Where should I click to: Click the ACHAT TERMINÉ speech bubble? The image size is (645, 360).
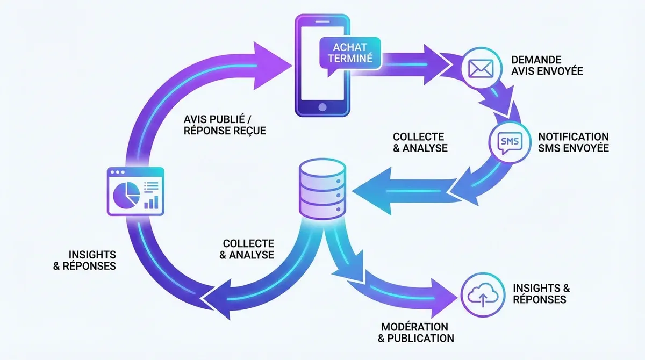point(350,53)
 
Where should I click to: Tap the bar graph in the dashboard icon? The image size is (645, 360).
point(151,202)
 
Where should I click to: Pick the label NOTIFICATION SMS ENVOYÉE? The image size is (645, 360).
point(573,142)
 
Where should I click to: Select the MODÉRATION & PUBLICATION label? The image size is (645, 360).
point(415,333)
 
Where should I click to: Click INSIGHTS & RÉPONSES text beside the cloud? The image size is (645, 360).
point(541,293)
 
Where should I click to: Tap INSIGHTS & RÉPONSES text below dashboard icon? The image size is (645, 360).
point(84,260)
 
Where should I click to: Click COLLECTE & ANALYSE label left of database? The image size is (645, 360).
point(247,249)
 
